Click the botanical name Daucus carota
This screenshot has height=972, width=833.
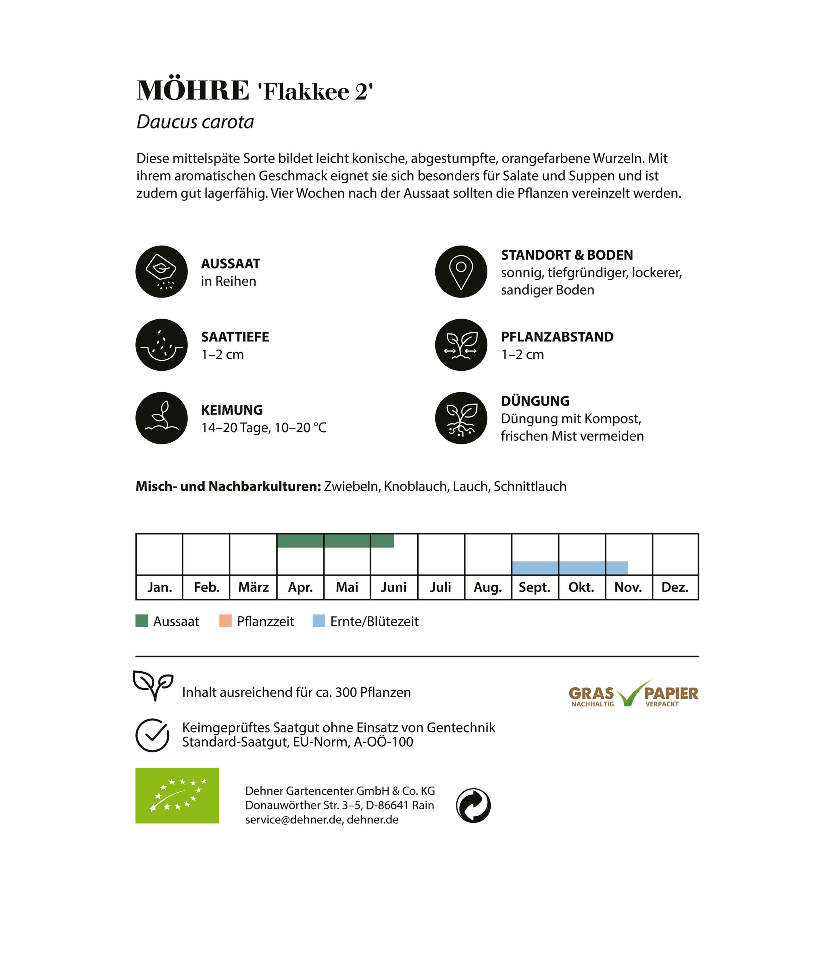tap(195, 122)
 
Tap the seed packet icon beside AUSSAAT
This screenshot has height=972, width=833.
tap(161, 272)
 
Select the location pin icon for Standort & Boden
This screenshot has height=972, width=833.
tap(461, 272)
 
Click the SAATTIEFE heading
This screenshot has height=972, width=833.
tap(235, 337)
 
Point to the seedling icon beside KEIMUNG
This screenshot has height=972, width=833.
tap(161, 418)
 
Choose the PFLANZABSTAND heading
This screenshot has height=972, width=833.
tap(557, 337)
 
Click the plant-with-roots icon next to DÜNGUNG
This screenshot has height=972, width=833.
tap(461, 418)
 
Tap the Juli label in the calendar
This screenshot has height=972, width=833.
tap(440, 587)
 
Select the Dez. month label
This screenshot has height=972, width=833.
tap(675, 587)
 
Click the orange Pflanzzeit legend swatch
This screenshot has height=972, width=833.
tap(225, 621)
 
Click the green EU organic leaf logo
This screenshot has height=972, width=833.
tap(177, 796)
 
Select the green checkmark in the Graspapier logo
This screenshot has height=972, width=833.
tap(630, 694)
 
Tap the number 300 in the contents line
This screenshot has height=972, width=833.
tap(346, 692)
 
